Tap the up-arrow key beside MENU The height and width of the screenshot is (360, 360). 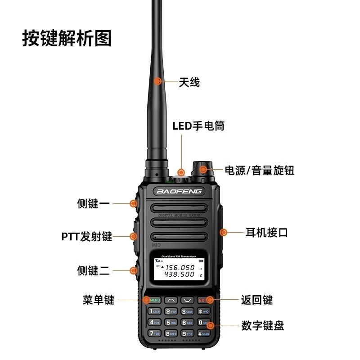click(171, 300)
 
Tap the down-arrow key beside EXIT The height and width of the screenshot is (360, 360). click(187, 300)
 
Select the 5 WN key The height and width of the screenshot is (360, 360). click(171, 323)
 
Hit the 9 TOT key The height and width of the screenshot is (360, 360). click(187, 333)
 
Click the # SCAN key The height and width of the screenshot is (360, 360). click(203, 333)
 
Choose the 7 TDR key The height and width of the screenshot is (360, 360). click(154, 333)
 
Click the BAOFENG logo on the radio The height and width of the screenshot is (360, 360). click(179, 191)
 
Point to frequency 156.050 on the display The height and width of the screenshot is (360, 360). click(179, 267)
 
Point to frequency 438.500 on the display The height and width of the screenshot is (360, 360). click(179, 274)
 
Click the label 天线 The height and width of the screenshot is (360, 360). click(189, 82)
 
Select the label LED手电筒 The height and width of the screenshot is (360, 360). click(198, 126)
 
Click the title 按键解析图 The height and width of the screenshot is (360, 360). click(67, 39)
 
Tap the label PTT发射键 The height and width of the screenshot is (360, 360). click(86, 236)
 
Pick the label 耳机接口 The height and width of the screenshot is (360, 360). click(266, 233)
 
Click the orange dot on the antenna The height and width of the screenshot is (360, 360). click(157, 81)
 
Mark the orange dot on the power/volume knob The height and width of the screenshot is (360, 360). click(203, 170)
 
